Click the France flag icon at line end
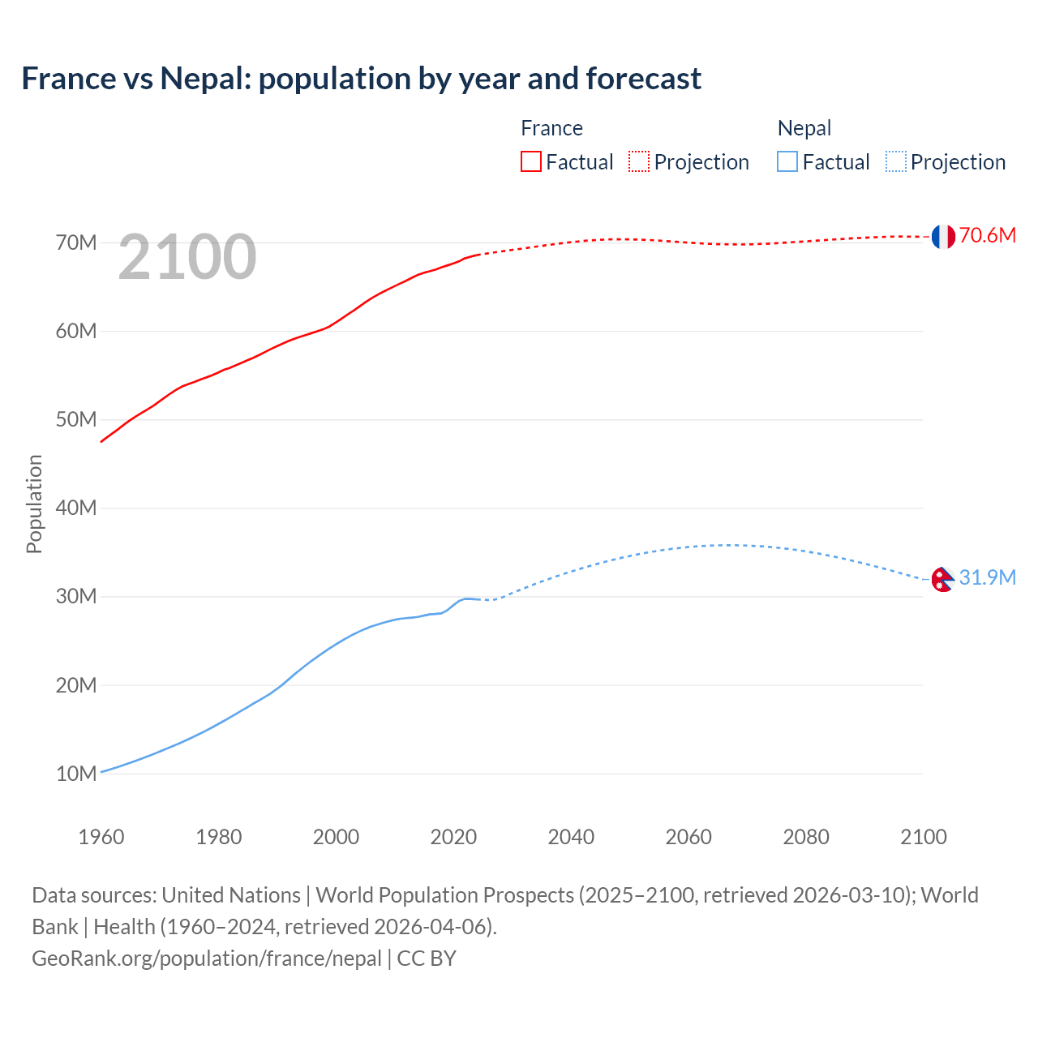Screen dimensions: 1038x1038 tap(942, 236)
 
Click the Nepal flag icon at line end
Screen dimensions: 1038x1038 tap(941, 579)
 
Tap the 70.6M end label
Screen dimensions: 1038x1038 tap(987, 236)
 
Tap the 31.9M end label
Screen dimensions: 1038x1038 tap(987, 577)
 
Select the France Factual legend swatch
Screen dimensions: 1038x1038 tap(530, 161)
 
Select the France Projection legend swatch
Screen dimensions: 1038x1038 tap(639, 161)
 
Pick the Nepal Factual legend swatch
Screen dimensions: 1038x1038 tap(787, 161)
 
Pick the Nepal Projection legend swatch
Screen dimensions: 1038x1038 tap(895, 161)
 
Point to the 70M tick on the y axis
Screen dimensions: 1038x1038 tap(76, 242)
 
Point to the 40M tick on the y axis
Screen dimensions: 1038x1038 tap(76, 508)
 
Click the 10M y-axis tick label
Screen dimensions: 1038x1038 tap(76, 774)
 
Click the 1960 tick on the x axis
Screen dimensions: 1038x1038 tap(101, 837)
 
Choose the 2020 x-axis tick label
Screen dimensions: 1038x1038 tap(453, 837)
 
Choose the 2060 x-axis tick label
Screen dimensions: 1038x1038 tap(688, 837)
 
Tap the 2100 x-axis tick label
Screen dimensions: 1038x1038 tap(923, 837)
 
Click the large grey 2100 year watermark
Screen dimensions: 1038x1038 tap(187, 258)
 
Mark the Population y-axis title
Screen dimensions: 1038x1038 tap(34, 504)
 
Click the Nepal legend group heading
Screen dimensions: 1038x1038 tap(804, 128)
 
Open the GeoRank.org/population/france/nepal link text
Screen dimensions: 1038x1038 tap(207, 959)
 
